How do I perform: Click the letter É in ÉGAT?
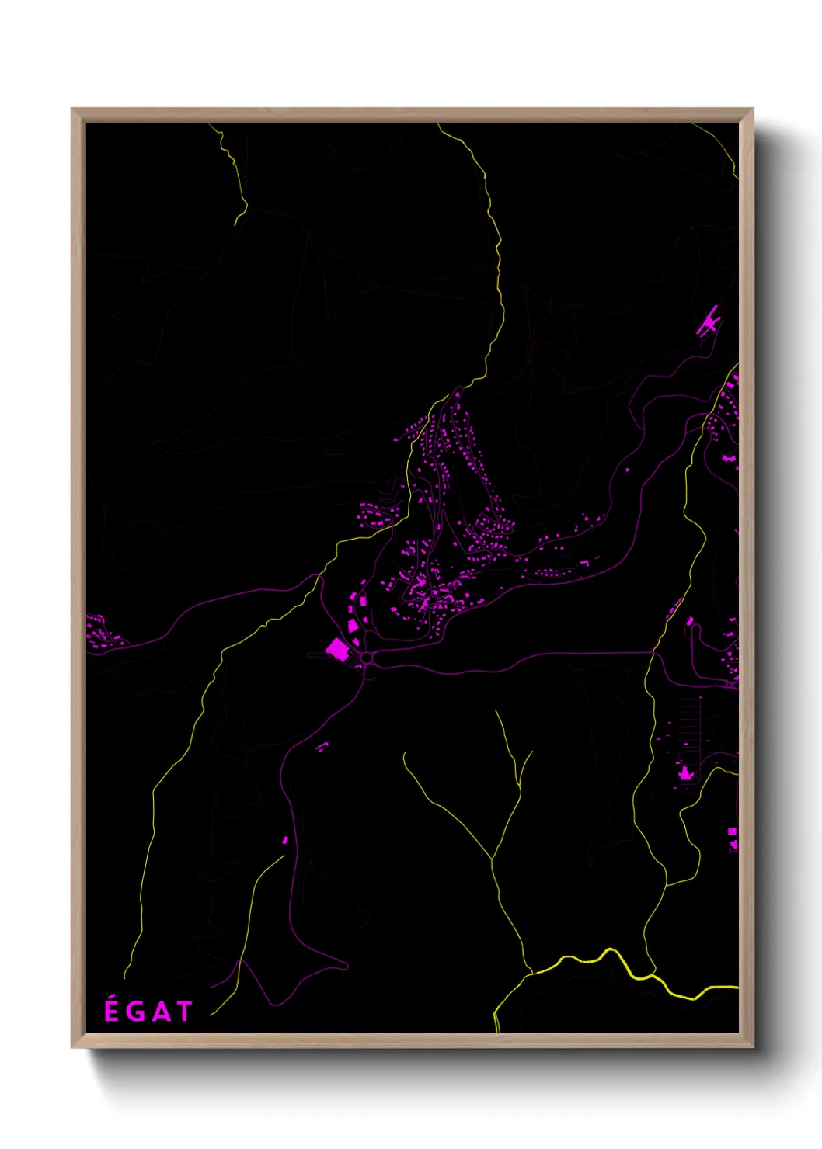111,1010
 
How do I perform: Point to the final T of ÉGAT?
184,1012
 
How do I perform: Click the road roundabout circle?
367,658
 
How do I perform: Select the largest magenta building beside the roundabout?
337,648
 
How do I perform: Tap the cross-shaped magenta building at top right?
709,321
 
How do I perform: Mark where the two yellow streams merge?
492,859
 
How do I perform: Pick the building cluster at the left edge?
99,632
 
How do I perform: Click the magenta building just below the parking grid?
684,772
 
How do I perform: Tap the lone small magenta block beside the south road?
285,840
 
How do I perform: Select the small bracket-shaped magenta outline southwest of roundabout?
322,746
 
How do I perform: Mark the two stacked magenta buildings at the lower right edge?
732,838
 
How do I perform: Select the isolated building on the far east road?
730,459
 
